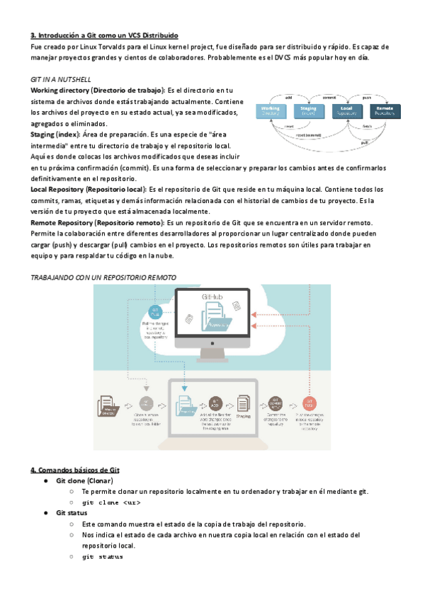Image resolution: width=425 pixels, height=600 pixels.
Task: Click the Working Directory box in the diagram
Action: (274, 110)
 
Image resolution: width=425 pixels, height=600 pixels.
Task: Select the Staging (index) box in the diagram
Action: (308, 110)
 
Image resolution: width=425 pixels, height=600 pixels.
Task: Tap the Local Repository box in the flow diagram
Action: (347, 110)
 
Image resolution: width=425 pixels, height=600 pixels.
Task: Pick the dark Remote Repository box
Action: (385, 110)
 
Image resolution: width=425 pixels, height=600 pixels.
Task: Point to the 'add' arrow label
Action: (289, 97)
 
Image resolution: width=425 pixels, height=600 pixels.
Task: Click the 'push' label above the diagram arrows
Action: (367, 97)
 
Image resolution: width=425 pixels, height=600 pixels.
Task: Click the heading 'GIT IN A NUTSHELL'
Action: (61, 79)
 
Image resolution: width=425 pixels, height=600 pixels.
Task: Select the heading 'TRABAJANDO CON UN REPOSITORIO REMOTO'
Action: (103, 277)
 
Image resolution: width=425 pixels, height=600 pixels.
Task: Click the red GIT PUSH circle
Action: (309, 402)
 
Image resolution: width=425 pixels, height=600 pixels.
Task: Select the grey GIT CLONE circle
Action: (147, 402)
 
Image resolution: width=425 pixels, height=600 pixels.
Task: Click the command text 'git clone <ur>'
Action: (111, 502)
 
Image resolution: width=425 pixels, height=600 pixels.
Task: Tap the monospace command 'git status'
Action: (103, 557)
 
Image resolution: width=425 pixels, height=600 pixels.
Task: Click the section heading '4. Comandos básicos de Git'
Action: (74, 469)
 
